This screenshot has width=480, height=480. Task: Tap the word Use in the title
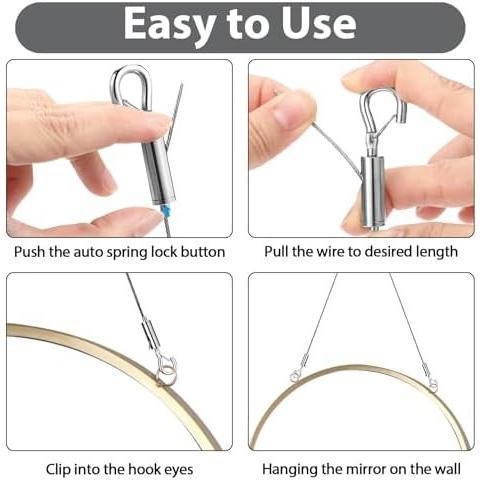coord(318,25)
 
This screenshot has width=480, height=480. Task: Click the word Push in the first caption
coord(32,251)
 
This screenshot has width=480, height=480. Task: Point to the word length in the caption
coord(435,251)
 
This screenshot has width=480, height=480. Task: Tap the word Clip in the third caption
coord(61,468)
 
